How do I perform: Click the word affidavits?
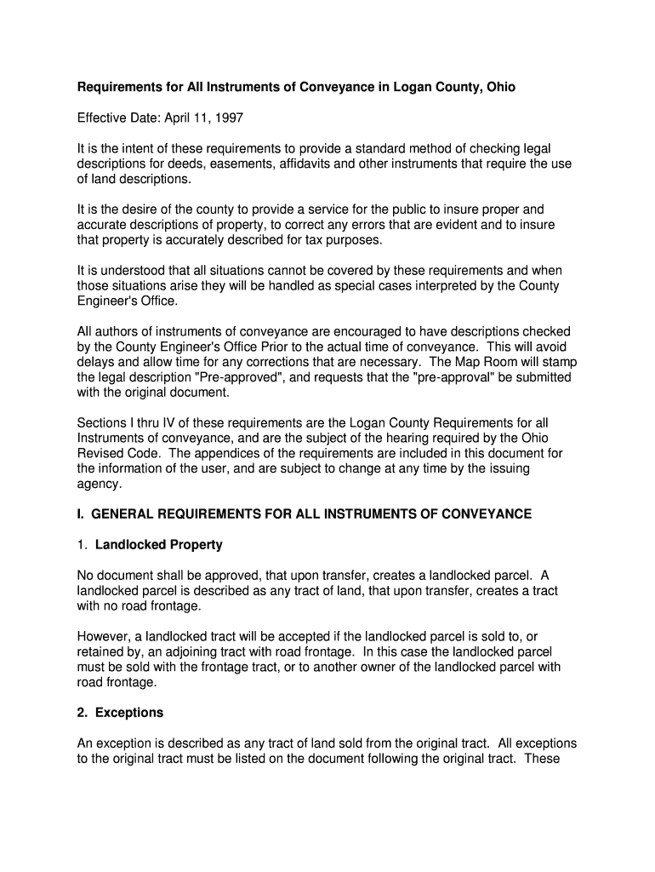tap(316, 163)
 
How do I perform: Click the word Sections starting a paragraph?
tap(103, 423)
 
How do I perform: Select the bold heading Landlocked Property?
tap(159, 545)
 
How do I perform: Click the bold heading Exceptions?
tap(129, 713)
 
